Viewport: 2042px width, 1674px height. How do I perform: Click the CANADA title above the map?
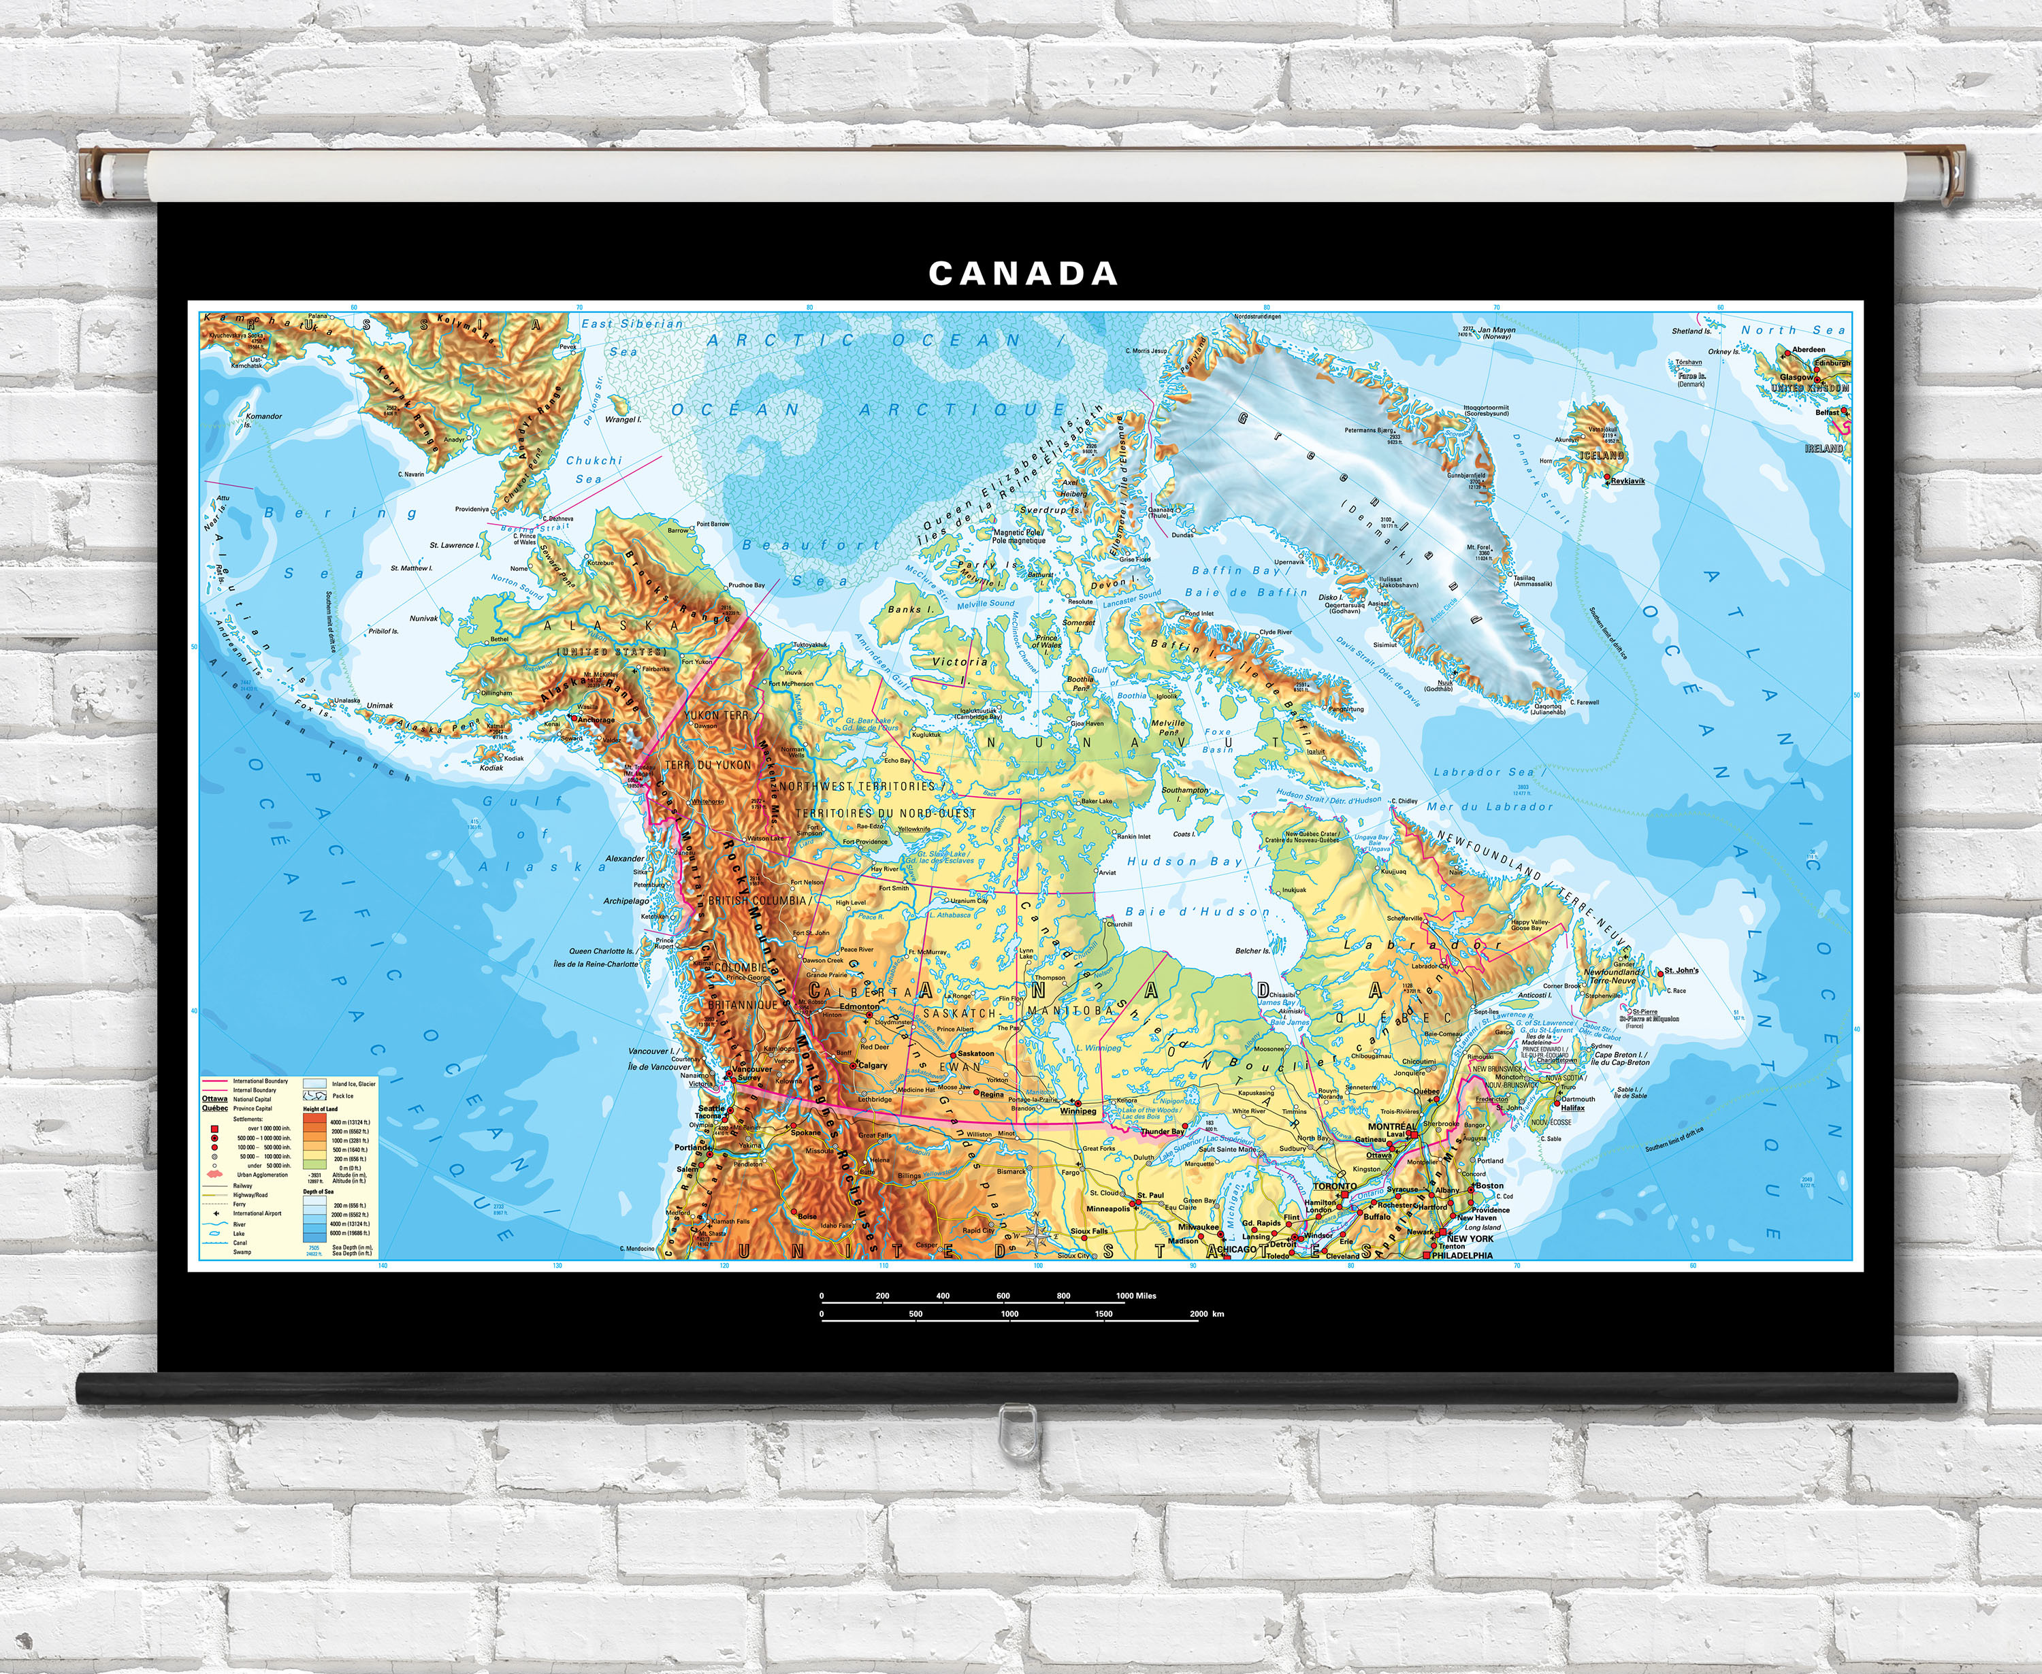(x=1022, y=274)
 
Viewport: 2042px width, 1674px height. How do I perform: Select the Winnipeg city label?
(x=1077, y=1111)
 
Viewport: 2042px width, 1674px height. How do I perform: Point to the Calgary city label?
(x=872, y=1066)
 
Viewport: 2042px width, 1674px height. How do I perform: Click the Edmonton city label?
(x=860, y=1006)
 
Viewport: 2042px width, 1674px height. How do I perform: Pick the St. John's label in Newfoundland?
(x=1681, y=970)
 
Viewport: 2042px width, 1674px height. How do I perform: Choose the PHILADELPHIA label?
(x=1462, y=1255)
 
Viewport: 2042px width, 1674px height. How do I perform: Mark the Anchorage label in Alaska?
(x=595, y=719)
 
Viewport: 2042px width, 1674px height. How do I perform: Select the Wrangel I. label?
(x=622, y=419)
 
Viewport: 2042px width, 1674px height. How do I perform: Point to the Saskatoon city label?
(x=975, y=1054)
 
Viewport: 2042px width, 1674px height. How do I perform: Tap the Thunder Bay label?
(x=1163, y=1132)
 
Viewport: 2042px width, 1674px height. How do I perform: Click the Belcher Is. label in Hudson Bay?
(x=1253, y=951)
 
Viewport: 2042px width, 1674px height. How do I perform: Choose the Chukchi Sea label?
(x=594, y=470)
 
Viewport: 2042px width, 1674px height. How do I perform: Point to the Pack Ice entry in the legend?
(x=342, y=1096)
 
